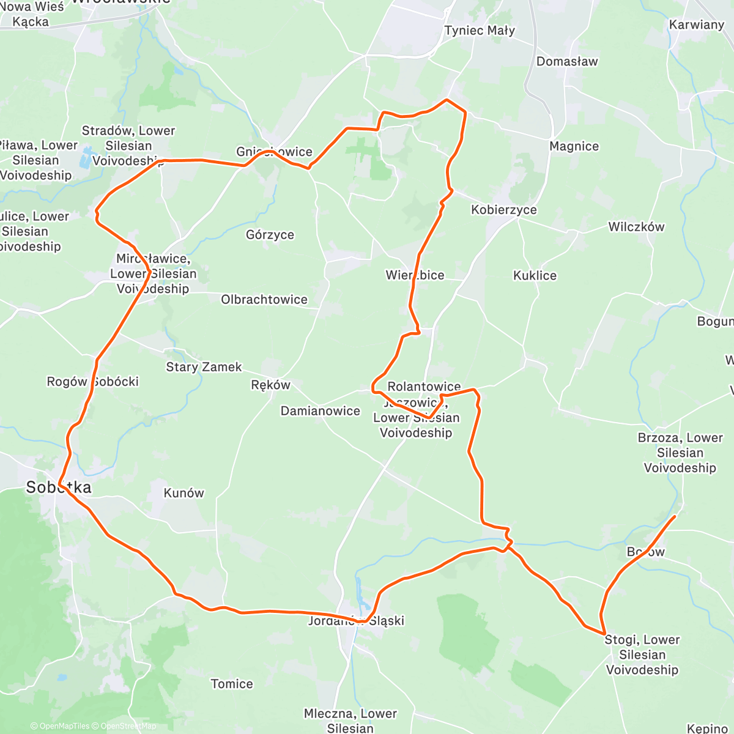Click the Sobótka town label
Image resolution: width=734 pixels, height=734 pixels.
tap(59, 487)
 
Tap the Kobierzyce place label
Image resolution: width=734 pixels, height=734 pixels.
tap(503, 210)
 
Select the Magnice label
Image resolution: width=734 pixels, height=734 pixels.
tap(574, 146)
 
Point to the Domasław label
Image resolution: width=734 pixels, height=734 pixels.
tap(567, 61)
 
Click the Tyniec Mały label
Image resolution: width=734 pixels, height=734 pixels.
tap(480, 31)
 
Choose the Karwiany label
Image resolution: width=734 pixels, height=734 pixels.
tap(697, 25)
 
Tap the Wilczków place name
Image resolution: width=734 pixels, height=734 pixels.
tap(636, 227)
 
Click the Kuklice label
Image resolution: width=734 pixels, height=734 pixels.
tap(535, 276)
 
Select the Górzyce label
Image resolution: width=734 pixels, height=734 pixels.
tap(270, 235)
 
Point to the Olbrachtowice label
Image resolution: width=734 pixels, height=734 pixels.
tap(264, 300)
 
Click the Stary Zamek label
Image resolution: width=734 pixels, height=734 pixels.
tap(204, 367)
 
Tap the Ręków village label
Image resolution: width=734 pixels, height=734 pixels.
tap(270, 385)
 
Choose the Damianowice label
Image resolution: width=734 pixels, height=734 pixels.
tap(321, 411)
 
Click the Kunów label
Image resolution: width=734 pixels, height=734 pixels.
tap(183, 493)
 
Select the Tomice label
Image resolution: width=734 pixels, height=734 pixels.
tap(232, 684)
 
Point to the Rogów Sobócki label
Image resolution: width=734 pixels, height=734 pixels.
tap(93, 382)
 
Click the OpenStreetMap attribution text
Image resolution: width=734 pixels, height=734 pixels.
tap(128, 726)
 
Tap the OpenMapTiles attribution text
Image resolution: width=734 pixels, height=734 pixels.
tap(61, 726)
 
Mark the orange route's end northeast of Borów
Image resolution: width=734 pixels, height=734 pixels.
tap(675, 517)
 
